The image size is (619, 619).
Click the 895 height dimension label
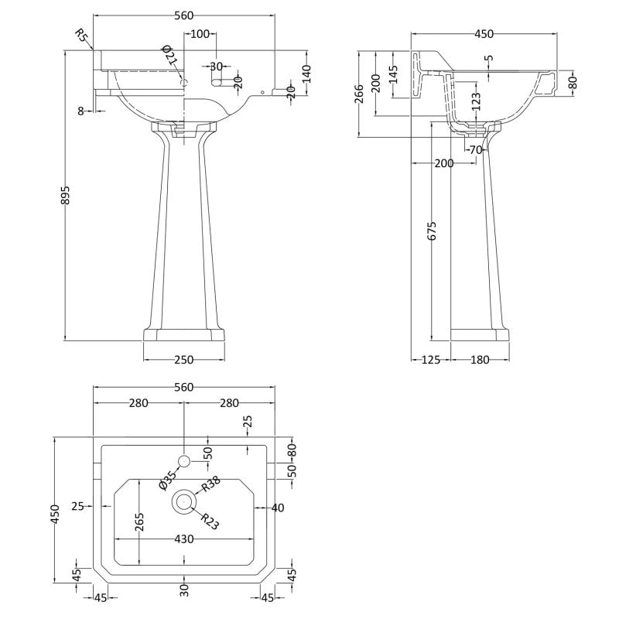pyautogui.click(x=66, y=195)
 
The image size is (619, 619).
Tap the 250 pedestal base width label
pyautogui.click(x=184, y=360)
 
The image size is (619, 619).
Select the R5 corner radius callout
pyautogui.click(x=81, y=36)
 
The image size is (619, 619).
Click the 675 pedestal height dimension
pyautogui.click(x=433, y=231)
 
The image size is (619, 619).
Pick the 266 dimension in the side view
pyautogui.click(x=359, y=94)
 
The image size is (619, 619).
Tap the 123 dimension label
pyautogui.click(x=477, y=101)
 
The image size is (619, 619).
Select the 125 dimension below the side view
pyautogui.click(x=430, y=360)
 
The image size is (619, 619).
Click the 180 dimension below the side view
pyautogui.click(x=480, y=360)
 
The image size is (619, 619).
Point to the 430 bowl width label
pyautogui.click(x=184, y=539)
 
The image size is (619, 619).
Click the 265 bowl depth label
pyautogui.click(x=139, y=522)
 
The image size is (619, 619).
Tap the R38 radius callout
pyautogui.click(x=210, y=484)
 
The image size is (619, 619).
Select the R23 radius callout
pyautogui.click(x=209, y=521)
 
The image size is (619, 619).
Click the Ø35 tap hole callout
pyautogui.click(x=167, y=480)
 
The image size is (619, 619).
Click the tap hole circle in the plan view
pyautogui.click(x=184, y=460)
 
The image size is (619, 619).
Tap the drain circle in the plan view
pyautogui.click(x=184, y=501)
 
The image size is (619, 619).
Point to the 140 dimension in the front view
pyautogui.click(x=307, y=74)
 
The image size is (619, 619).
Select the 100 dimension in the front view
pyautogui.click(x=200, y=34)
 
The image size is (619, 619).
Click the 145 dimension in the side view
pyautogui.click(x=393, y=74)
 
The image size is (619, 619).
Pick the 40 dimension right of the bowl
pyautogui.click(x=278, y=508)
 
